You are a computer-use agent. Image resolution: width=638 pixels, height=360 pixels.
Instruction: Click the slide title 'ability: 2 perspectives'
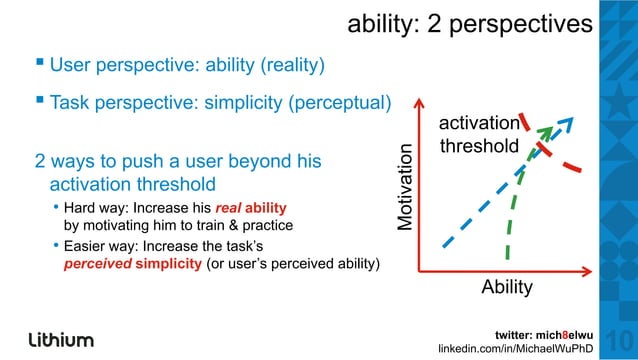pyautogui.click(x=469, y=24)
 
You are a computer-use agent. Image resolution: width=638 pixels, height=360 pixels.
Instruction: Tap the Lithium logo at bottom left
pyautogui.click(x=61, y=338)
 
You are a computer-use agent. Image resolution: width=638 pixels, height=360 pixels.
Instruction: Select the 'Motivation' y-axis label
pyautogui.click(x=404, y=189)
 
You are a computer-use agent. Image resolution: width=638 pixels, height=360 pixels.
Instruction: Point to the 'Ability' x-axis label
pyautogui.click(x=507, y=287)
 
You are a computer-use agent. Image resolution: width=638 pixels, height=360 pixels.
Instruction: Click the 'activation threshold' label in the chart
pyautogui.click(x=480, y=134)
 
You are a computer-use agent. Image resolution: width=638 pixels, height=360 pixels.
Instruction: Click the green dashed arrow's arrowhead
pyautogui.click(x=544, y=133)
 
